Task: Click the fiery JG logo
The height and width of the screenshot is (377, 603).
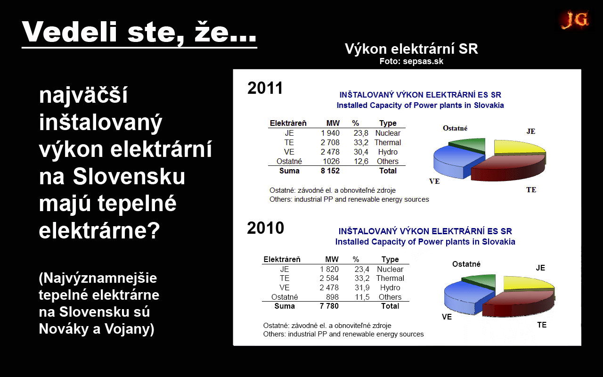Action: coord(574,20)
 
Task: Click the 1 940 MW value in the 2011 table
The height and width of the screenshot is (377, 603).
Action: coord(330,133)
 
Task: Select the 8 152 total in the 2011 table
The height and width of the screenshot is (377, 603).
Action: coord(330,171)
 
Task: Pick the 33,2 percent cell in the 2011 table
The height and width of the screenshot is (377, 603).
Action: coord(361,142)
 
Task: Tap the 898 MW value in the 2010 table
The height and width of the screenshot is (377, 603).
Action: coord(332,297)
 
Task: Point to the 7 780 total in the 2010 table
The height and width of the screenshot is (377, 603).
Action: coord(329,306)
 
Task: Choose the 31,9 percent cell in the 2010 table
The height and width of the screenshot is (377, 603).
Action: coord(362,287)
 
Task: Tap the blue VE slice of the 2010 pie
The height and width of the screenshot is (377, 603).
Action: coord(462,296)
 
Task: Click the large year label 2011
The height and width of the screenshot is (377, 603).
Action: coord(265,88)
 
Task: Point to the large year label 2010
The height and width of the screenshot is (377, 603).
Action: coord(265,228)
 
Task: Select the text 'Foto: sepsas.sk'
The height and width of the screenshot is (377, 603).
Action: coord(411,61)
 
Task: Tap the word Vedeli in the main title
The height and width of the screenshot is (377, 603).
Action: coord(70,32)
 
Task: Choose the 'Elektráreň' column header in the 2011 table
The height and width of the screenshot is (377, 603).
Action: coord(288,123)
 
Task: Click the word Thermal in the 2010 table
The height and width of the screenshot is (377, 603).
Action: coord(390,278)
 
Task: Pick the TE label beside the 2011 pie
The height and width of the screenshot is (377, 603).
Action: coord(531,190)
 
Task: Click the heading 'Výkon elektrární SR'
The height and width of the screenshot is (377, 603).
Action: coord(411,49)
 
